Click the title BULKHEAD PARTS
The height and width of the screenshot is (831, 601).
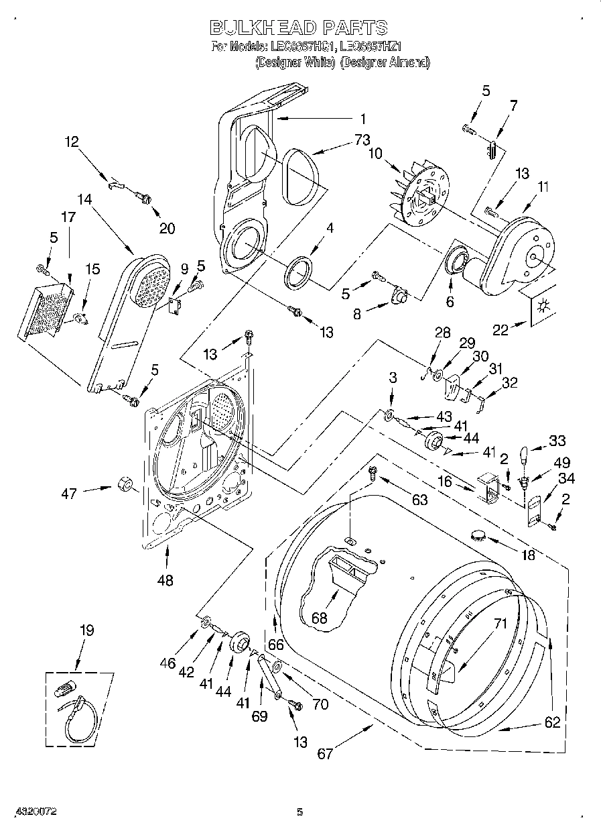coord(299,27)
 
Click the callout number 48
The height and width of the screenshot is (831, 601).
coord(165,580)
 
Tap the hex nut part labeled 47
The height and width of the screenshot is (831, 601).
coord(125,484)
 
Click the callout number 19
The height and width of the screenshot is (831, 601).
coord(87,630)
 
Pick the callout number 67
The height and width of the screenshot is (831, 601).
coord(325,753)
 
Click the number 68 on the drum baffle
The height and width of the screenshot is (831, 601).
coord(320,617)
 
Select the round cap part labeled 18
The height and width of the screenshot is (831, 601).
coord(479,535)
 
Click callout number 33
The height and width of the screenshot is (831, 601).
coord(557,441)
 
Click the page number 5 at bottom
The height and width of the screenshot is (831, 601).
coord(300,812)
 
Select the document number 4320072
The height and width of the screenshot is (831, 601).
coord(38,812)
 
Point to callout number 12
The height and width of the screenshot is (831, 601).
coord(72,142)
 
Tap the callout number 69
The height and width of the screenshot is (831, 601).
coord(259,716)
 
